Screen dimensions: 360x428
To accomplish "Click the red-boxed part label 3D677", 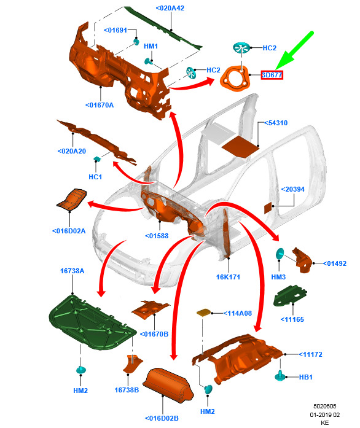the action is click(272, 75).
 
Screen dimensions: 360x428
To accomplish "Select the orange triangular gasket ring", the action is click(235, 78).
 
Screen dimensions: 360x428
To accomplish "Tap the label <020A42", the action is click(170, 8).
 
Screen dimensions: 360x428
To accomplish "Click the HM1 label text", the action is click(151, 47).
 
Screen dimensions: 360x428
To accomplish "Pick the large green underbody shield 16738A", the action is click(92, 322).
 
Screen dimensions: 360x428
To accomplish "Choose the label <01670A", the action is click(100, 105).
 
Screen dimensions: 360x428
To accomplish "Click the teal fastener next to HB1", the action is click(280, 376).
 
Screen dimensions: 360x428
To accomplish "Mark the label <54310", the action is click(276, 123).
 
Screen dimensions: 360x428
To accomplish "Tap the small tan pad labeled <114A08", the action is click(204, 313).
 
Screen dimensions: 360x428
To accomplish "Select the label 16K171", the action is click(228, 277).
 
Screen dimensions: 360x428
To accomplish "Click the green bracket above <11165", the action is click(290, 296).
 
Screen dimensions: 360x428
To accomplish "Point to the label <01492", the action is click(335, 263).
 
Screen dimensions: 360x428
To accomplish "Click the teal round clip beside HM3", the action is click(280, 254).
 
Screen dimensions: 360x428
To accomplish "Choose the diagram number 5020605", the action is click(325, 406).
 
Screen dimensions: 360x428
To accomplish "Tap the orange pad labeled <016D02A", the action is click(72, 199).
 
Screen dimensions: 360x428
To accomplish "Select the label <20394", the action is click(292, 189).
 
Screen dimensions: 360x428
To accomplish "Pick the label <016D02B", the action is click(162, 418).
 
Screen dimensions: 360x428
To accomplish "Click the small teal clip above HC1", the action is click(97, 158).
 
